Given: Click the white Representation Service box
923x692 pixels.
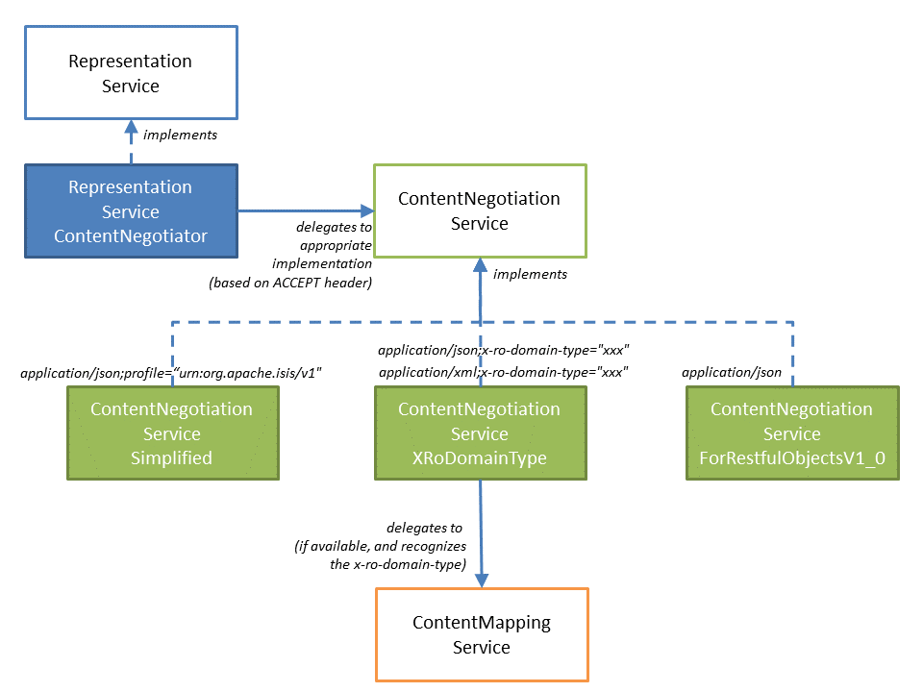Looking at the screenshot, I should [131, 73].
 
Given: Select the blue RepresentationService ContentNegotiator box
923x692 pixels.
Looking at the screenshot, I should [131, 211].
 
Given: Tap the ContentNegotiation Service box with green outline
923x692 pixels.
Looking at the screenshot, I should [479, 211].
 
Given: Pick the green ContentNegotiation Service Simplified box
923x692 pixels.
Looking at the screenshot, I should [172, 433].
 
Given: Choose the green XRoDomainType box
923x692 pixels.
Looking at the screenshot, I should [479, 433].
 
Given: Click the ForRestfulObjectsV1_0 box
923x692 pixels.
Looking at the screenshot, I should [791, 433].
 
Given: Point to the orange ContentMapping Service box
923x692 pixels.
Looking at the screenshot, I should [481, 634].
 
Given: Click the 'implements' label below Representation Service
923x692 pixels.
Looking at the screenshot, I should [180, 135].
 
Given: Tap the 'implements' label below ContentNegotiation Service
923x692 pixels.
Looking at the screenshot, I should [530, 274].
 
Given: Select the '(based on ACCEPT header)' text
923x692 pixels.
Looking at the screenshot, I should [289, 282].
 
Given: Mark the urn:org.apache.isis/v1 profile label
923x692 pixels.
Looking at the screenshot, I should [169, 371].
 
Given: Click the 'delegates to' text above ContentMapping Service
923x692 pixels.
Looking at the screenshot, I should [424, 528].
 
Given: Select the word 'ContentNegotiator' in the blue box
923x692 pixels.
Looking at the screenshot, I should [131, 236].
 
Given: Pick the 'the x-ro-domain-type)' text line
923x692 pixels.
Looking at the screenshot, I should [397, 564].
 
